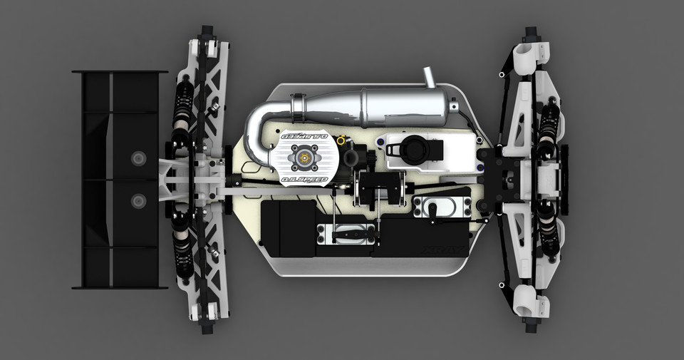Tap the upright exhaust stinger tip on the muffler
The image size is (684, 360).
pyautogui.click(x=430, y=76)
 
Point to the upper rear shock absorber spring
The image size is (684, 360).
pyautogui.click(x=182, y=107)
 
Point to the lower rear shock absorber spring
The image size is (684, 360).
pyautogui.click(x=182, y=246)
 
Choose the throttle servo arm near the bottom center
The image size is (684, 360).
pyautogui.click(x=348, y=233)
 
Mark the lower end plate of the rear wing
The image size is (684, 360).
pyautogui.click(x=119, y=287)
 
